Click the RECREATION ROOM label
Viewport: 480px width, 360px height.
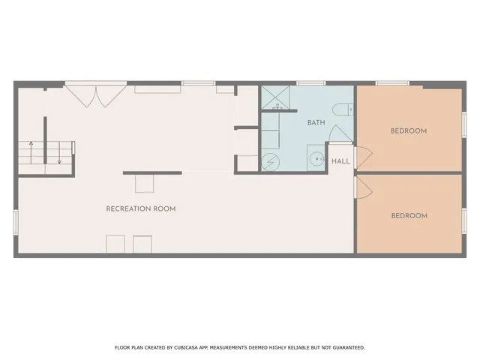coord(141,208)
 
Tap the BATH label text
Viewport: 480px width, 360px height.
coord(316,122)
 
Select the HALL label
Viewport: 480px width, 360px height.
coord(340,161)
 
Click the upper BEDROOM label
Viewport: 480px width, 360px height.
coord(409,130)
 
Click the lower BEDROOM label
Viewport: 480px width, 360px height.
coord(409,216)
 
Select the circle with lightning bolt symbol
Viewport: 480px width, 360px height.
coord(269,161)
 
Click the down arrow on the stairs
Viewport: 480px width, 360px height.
coord(59,153)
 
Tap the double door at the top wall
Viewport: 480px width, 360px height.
coord(95,95)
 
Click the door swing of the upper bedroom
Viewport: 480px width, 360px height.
coord(363,156)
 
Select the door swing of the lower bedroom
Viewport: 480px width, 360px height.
coord(363,187)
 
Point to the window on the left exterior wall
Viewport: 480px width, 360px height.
coord(15,222)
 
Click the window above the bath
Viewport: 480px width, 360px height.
coord(307,82)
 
